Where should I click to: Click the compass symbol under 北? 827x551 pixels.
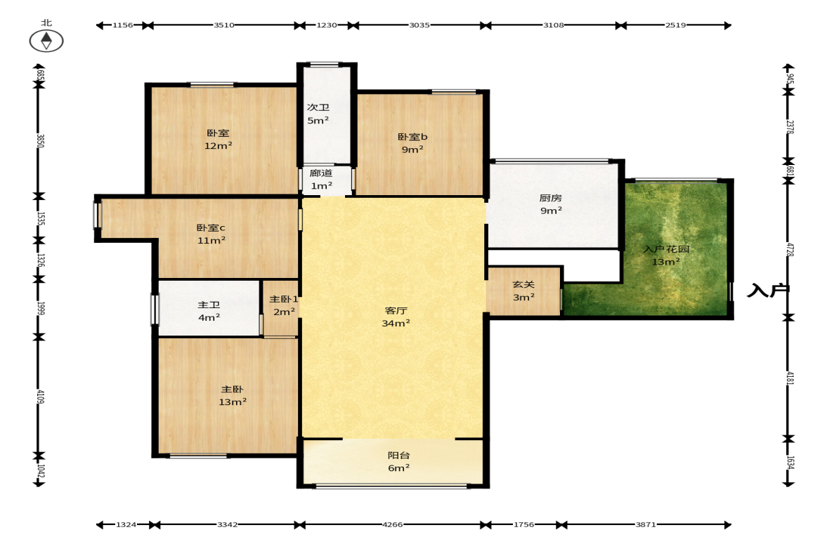(x=46, y=41)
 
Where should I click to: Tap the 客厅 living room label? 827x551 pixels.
(x=396, y=311)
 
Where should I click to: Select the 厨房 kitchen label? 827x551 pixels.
(x=551, y=198)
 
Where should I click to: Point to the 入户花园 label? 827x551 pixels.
(x=666, y=249)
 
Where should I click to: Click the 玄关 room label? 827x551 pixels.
(x=523, y=284)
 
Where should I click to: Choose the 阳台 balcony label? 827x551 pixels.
(x=398, y=456)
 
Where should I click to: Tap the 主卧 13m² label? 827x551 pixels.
(x=233, y=396)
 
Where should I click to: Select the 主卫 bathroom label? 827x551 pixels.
(x=209, y=305)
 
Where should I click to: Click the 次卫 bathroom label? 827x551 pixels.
(x=318, y=107)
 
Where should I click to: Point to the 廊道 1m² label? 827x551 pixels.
(x=321, y=180)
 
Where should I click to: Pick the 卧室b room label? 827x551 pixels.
(x=412, y=137)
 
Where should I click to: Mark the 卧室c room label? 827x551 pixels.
(x=211, y=228)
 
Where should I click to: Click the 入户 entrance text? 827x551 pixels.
(x=768, y=291)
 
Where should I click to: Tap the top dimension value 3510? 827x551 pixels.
(x=223, y=25)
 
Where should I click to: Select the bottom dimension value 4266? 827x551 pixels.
(x=392, y=524)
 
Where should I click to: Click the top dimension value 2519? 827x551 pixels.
(x=676, y=25)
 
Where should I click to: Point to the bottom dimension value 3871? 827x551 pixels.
(x=646, y=524)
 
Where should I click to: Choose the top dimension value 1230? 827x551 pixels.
(x=327, y=25)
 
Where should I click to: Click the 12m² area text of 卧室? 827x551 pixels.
(x=219, y=146)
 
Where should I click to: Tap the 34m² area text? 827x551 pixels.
(x=396, y=324)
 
